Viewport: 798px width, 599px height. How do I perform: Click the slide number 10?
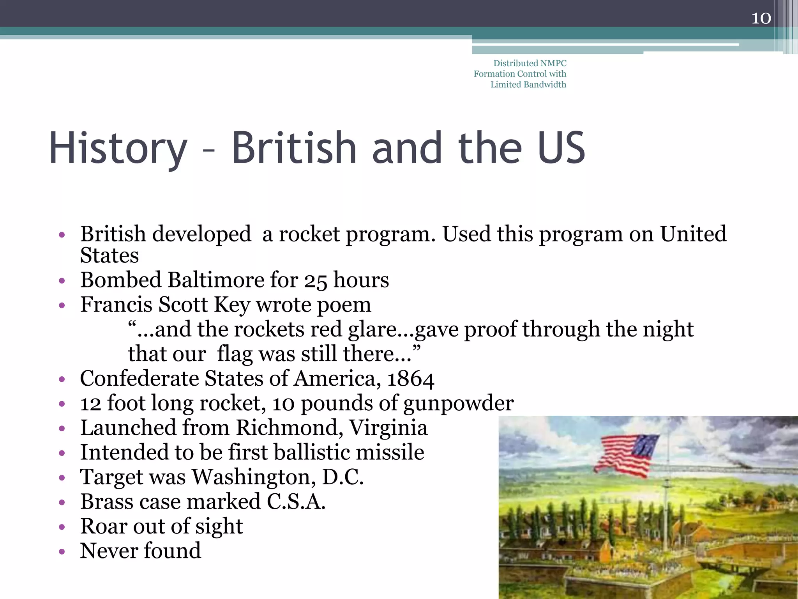(x=761, y=18)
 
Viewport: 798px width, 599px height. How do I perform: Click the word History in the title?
(x=118, y=148)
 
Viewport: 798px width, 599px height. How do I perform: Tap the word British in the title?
(x=294, y=148)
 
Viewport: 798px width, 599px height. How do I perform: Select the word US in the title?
(x=561, y=148)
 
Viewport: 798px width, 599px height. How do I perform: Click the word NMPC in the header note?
(x=553, y=63)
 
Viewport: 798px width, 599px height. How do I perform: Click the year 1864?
(x=410, y=379)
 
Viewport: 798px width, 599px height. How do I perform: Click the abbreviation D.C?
(x=343, y=477)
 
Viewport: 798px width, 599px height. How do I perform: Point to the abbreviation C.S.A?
(x=296, y=502)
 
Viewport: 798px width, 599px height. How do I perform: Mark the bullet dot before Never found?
(x=62, y=552)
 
